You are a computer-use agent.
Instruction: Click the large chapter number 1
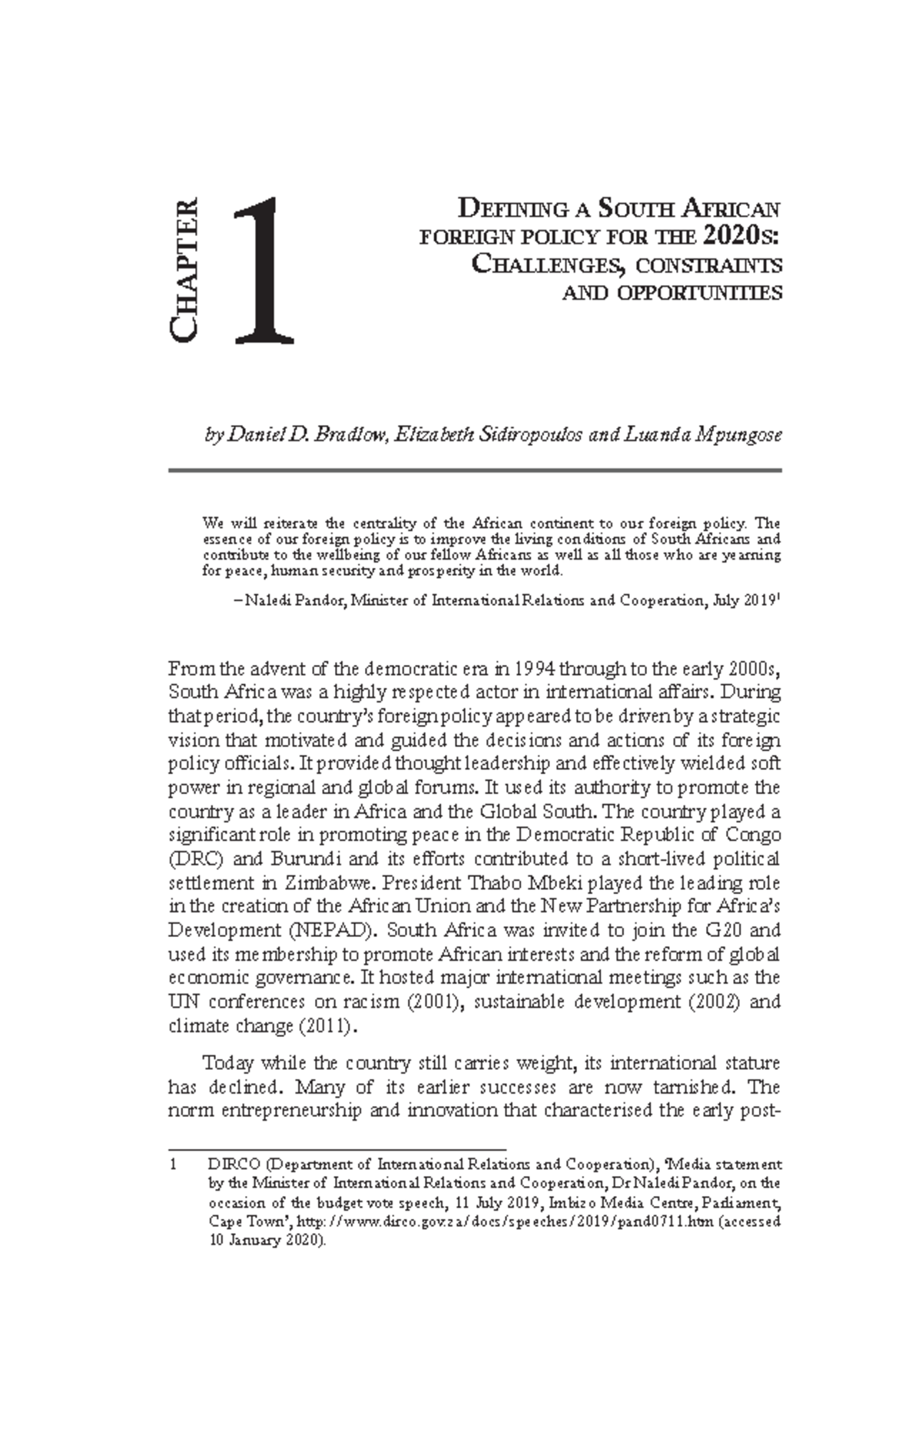tap(264, 271)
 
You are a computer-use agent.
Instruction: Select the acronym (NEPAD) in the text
tap(333, 930)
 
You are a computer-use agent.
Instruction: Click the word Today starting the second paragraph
tap(227, 1064)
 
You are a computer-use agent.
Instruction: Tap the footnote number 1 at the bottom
tap(174, 1165)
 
